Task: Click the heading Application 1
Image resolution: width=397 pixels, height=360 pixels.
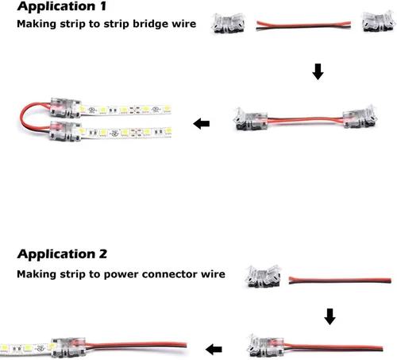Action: pos(62,6)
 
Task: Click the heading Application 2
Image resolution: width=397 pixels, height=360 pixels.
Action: pos(62,254)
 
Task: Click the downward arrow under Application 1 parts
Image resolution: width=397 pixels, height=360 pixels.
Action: pos(318,72)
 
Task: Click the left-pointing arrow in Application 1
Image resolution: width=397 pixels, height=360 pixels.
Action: pos(202,124)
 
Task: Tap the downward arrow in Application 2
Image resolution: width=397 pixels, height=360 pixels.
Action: pos(330,316)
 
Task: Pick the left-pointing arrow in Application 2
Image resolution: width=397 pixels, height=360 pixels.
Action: pos(214,350)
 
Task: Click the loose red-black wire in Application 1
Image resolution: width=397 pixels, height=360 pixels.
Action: pos(303,25)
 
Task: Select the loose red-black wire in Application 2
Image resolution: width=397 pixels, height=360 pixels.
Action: pos(340,280)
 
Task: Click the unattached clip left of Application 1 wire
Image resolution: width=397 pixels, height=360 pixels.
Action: pos(228,23)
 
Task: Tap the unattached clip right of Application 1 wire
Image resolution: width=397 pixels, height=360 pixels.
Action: pos(378,21)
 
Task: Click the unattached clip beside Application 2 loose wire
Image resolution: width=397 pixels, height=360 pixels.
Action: pos(264,277)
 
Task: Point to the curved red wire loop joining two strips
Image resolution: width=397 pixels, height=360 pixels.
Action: pos(21,117)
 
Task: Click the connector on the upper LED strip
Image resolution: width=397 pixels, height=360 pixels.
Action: pos(65,108)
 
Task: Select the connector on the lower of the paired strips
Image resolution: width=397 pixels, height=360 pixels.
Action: pos(65,131)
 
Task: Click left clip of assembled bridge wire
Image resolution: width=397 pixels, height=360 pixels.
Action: pos(251,118)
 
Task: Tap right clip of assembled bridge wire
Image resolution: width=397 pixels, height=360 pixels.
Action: pos(360,117)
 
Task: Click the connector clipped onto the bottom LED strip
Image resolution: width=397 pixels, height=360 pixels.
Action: pos(68,347)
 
